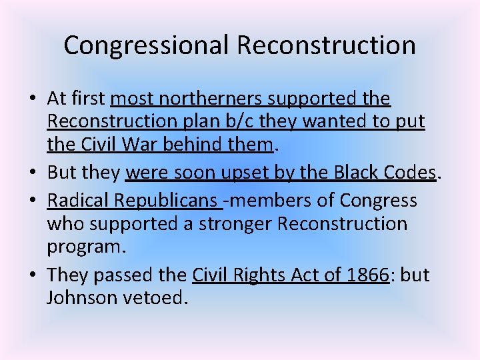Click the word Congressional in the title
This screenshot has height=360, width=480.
(147, 45)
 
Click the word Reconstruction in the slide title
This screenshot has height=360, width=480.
(326, 45)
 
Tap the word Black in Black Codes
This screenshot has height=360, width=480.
(358, 173)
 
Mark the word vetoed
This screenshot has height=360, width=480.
(153, 297)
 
